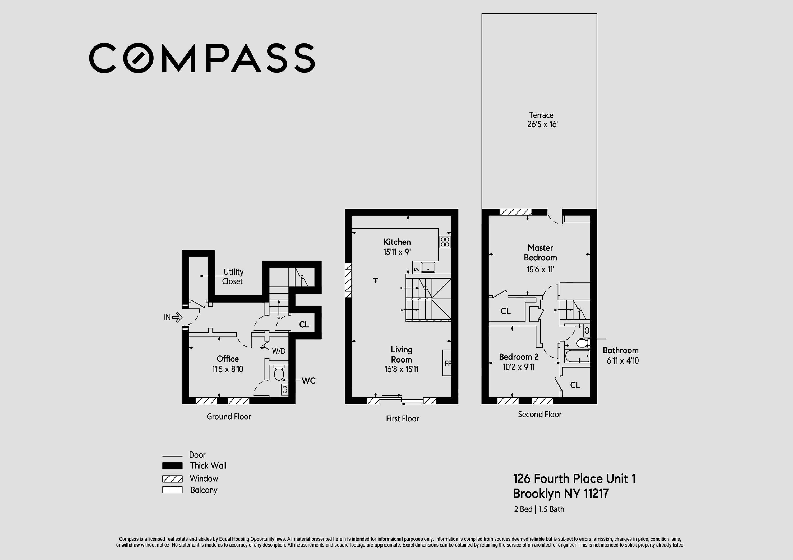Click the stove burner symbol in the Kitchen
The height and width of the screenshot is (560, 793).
coord(445,242)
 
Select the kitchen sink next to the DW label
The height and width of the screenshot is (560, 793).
coord(428,267)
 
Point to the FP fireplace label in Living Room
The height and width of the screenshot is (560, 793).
coord(448,363)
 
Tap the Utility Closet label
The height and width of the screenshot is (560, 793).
coord(233,276)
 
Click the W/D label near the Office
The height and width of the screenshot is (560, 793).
coord(278,351)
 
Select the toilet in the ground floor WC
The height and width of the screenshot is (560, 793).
coord(278,374)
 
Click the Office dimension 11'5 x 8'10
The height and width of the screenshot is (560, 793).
coord(228,369)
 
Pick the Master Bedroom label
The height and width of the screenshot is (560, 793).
coord(540,253)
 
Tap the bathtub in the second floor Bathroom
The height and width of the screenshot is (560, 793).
coord(577,356)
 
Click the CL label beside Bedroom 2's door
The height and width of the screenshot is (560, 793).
coord(575,385)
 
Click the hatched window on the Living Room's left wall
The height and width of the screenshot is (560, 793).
coord(348,280)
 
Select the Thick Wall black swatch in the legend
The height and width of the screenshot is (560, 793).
coord(172,466)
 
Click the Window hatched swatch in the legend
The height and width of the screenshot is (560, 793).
coord(172,479)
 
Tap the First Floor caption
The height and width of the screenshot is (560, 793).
coord(402,418)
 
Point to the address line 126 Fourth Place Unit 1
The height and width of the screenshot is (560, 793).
coord(574,479)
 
